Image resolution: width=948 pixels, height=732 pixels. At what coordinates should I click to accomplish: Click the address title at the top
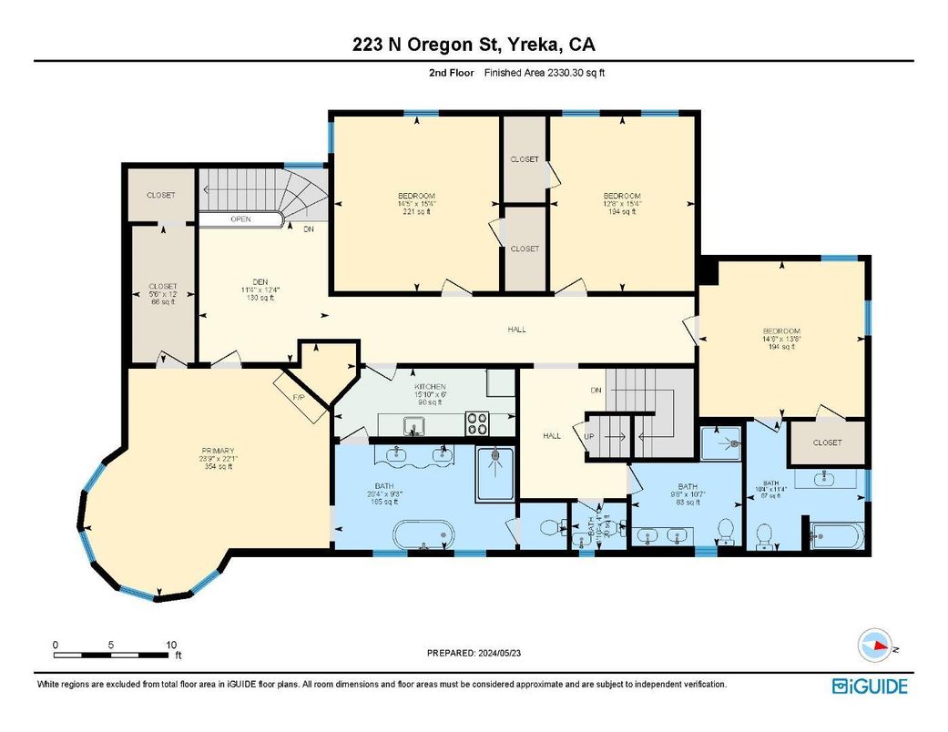[474, 46]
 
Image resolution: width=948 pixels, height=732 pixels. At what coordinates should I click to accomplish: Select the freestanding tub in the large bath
[424, 535]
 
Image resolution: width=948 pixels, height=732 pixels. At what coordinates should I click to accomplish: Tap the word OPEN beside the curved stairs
[240, 219]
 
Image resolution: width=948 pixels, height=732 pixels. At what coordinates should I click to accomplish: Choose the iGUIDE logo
[870, 686]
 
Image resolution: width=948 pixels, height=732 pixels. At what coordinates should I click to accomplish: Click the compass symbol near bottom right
[877, 646]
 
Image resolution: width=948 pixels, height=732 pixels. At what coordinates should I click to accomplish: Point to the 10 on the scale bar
[171, 645]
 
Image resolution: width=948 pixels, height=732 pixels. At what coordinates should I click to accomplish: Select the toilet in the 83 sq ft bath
[725, 530]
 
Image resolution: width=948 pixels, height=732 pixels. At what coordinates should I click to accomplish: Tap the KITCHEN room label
[429, 387]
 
